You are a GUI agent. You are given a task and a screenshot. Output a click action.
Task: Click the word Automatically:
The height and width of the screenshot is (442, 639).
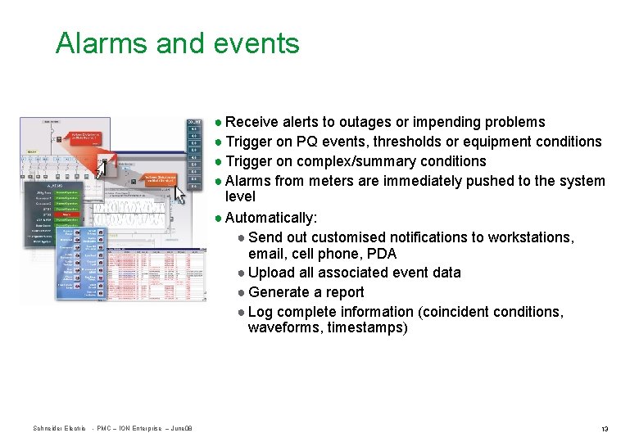pyautogui.click(x=270, y=218)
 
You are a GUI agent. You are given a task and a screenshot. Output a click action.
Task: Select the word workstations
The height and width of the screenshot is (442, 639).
pyautogui.click(x=531, y=237)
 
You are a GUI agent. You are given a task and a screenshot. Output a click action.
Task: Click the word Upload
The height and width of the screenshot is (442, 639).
pyautogui.click(x=271, y=273)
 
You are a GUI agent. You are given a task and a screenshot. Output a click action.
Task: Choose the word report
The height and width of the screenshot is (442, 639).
pyautogui.click(x=344, y=292)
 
